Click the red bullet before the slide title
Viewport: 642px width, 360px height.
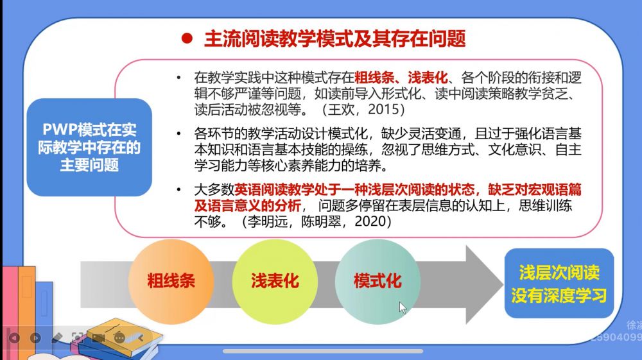tap(187, 38)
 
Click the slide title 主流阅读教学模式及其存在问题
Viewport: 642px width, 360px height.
tap(335, 39)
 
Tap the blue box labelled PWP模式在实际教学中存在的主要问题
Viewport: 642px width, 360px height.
tap(89, 148)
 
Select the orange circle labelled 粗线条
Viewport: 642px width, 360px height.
tap(171, 282)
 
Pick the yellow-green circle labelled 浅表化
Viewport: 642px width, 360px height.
tap(275, 282)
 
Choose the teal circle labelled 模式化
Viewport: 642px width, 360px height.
tap(377, 282)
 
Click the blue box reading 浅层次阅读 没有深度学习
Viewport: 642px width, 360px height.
tap(559, 284)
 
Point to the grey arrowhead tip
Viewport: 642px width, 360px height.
tap(503, 284)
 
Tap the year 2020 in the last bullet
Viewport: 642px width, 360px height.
tap(370, 221)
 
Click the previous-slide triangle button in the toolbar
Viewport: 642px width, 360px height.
tap(14, 338)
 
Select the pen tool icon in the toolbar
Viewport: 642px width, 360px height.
tap(57, 338)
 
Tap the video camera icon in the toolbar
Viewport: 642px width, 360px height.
tap(98, 338)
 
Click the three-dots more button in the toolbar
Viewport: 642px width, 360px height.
tap(119, 338)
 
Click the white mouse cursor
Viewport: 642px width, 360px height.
tap(403, 307)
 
